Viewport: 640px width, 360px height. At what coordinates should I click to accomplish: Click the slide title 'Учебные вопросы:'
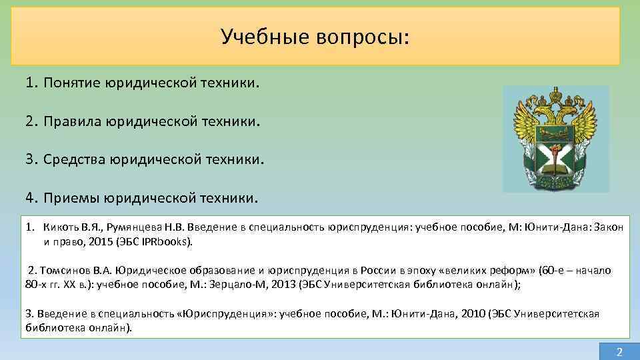click(x=315, y=37)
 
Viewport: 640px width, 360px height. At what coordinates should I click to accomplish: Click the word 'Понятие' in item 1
click(x=71, y=83)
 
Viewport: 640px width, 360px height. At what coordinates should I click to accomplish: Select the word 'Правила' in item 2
click(x=72, y=122)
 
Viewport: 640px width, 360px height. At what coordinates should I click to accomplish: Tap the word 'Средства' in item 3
click(x=75, y=160)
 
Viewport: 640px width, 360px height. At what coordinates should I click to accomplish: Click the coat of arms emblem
click(x=555, y=139)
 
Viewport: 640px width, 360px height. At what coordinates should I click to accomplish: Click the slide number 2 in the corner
click(x=619, y=351)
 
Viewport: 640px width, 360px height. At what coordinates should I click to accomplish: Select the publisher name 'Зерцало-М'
click(x=238, y=285)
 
